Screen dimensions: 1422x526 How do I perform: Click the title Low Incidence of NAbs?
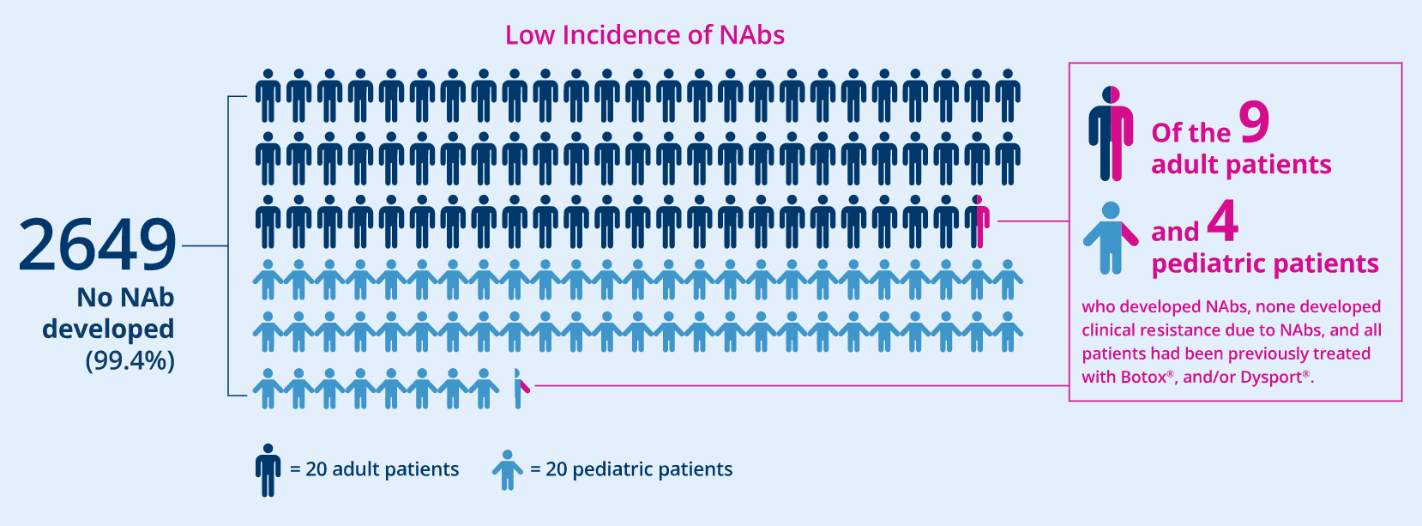[645, 35]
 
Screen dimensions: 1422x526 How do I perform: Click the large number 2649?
[97, 245]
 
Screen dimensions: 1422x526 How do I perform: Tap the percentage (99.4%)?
[130, 360]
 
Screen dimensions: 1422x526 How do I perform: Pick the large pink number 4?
[1223, 221]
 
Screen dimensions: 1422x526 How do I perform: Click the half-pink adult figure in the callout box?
[1111, 133]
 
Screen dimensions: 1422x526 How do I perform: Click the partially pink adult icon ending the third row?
[979, 221]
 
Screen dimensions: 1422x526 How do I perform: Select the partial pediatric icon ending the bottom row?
[520, 388]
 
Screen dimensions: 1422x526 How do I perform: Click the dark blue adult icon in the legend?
[268, 470]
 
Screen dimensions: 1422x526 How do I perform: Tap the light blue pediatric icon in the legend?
[507, 470]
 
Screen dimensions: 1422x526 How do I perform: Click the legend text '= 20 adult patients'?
[375, 469]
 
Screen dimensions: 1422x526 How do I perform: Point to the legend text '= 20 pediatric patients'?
[631, 469]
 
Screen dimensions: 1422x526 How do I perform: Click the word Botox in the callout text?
[1143, 377]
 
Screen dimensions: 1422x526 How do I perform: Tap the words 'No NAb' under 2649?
[126, 297]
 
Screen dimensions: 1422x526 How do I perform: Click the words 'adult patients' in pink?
[1241, 165]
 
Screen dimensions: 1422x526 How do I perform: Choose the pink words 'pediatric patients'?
[1265, 263]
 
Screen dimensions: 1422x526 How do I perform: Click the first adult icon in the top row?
[268, 95]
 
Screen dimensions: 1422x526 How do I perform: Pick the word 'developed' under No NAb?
[108, 329]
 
